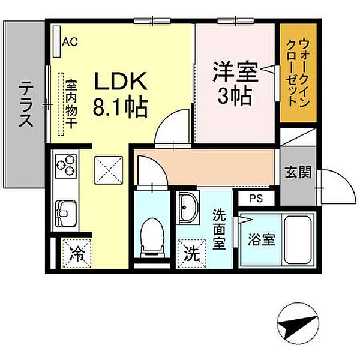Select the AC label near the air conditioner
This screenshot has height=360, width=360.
[x=70, y=41]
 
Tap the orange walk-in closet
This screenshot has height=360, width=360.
[x=298, y=72]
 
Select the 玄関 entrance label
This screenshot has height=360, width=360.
[x=298, y=173]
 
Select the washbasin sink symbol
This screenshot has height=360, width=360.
[x=188, y=208]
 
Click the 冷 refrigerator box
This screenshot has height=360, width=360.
[x=76, y=254]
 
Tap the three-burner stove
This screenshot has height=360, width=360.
[x=67, y=165]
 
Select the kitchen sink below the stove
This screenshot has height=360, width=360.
[x=65, y=211]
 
